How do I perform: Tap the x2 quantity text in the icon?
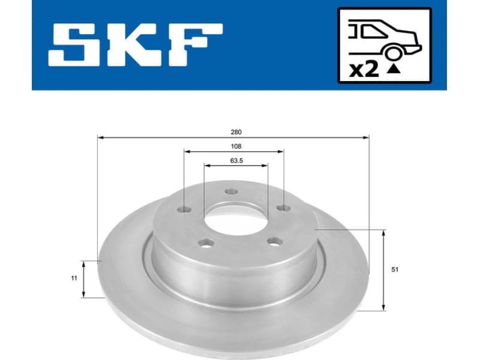pos(364,70)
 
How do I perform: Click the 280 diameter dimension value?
pos(236,131)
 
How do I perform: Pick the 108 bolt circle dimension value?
pos(236,146)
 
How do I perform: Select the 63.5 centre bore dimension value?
pos(236,160)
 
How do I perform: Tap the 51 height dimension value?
pos(394,270)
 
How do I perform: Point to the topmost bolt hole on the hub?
pos(232,192)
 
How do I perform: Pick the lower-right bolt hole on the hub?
pos(274,241)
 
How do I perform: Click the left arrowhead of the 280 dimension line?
pos(100,138)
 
